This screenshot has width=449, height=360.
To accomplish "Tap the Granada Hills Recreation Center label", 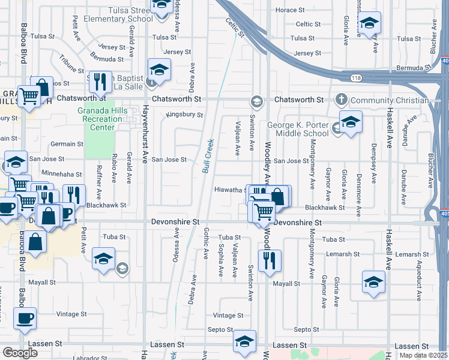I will pos(98,119).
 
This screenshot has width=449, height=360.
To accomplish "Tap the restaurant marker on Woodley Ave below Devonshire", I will pos(268,260).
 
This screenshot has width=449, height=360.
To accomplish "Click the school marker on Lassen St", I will pos(244,341).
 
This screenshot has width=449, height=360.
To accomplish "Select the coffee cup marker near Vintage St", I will pos(25,317).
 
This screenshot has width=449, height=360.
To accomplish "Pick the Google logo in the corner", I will pos(20,353).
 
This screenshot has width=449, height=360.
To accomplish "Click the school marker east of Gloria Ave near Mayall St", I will pos(373,281).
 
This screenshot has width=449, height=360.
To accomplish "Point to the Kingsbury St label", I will pos(185,115).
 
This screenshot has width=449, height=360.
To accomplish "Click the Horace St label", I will pos(304,10).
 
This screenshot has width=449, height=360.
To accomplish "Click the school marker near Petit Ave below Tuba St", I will pos(103,259).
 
